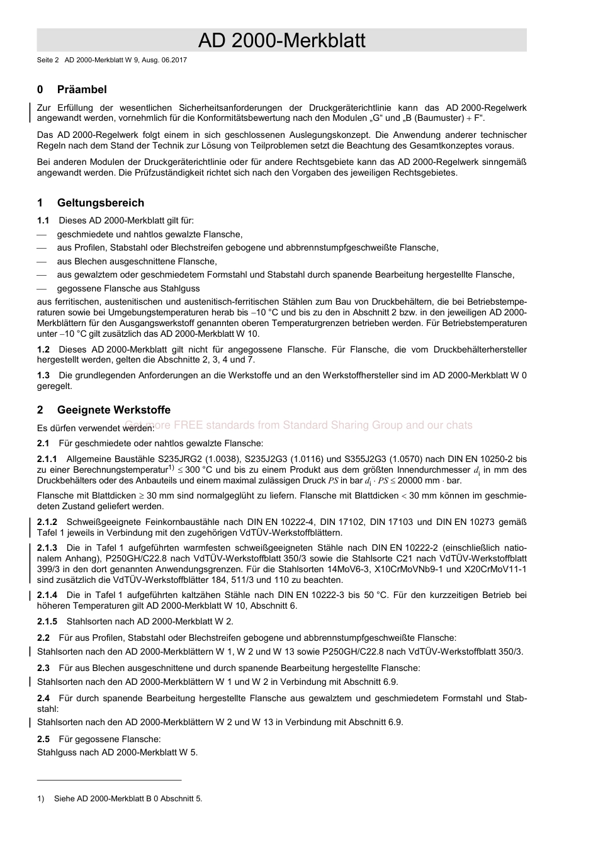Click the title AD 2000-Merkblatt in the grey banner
click(281, 41)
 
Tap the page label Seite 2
click(48, 60)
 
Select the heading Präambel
click(82, 89)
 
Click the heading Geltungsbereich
click(100, 203)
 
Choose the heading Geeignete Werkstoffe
click(113, 410)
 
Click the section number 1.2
click(43, 349)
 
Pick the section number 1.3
click(43, 375)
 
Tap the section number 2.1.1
click(47, 460)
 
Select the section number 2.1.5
click(47, 621)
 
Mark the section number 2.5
click(43, 739)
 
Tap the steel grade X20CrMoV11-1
click(494, 569)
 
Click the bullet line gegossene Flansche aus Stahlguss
click(128, 288)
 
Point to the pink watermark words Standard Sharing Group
click(342, 426)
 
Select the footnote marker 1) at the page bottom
click(41, 799)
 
